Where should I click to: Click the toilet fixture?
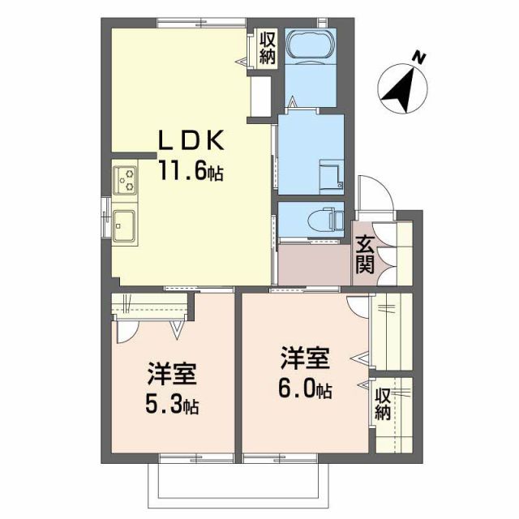point(328,219)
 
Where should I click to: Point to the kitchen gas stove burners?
point(127,178)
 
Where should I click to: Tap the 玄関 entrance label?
point(365,255)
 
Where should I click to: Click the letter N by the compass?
point(418,58)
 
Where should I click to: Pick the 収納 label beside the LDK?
point(268,48)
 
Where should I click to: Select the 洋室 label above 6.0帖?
point(306,359)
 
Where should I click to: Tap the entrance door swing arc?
point(372,194)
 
